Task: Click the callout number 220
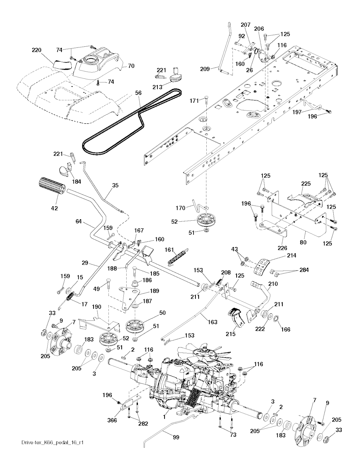[37, 50]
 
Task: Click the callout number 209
[205, 69]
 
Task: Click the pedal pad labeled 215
[235, 317]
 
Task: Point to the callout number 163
[212, 322]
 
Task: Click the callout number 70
[131, 65]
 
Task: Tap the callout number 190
[97, 307]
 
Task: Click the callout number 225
[306, 183]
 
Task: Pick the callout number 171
[194, 101]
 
